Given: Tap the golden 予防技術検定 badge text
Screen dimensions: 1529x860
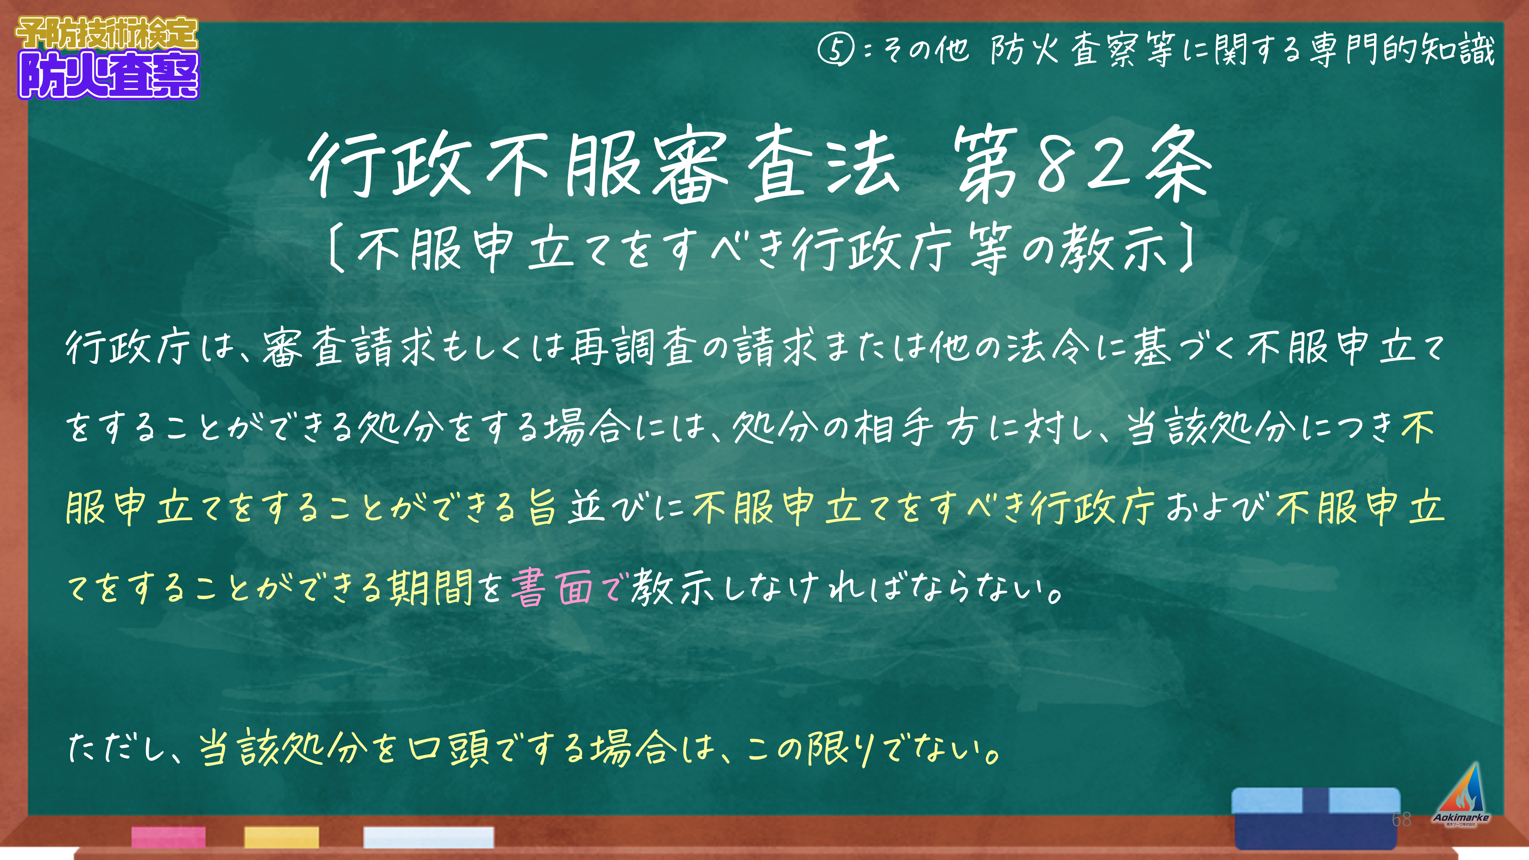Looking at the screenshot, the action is (x=107, y=34).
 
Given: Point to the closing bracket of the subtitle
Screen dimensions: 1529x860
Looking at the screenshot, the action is (x=1185, y=249).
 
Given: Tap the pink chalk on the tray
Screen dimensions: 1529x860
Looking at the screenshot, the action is (x=169, y=837).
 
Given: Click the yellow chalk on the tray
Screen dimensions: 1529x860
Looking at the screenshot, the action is (x=281, y=837).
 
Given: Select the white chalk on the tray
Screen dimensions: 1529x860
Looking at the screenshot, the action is (x=428, y=837).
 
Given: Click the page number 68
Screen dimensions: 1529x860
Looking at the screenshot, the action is (x=1401, y=820).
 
